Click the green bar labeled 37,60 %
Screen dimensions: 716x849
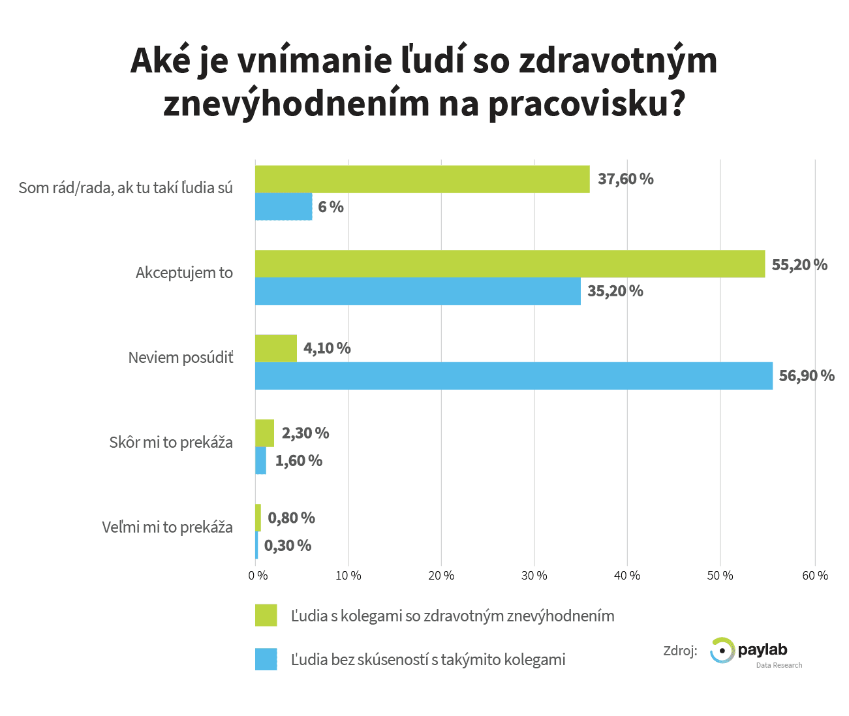click(x=422, y=179)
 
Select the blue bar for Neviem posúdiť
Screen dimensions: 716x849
click(x=514, y=376)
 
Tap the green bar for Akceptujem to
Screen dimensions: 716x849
click(x=510, y=264)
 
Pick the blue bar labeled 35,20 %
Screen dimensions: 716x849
click(x=418, y=291)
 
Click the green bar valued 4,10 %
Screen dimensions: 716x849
click(x=276, y=348)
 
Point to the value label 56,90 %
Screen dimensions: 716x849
click(x=807, y=376)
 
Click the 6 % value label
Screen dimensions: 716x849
click(x=331, y=207)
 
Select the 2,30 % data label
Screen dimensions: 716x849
click(x=305, y=433)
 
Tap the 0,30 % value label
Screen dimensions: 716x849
click(x=288, y=546)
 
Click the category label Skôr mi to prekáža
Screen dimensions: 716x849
click(x=171, y=443)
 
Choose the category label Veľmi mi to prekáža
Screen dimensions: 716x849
click(x=168, y=527)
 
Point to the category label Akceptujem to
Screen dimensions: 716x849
click(x=184, y=273)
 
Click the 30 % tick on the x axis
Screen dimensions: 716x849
click(x=534, y=576)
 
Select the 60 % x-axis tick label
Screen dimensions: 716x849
click(x=815, y=576)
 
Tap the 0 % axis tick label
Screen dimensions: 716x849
click(x=258, y=576)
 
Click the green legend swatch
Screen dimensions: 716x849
click(x=266, y=615)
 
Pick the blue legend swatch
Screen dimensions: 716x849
click(x=266, y=659)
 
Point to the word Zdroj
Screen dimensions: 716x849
click(x=680, y=651)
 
